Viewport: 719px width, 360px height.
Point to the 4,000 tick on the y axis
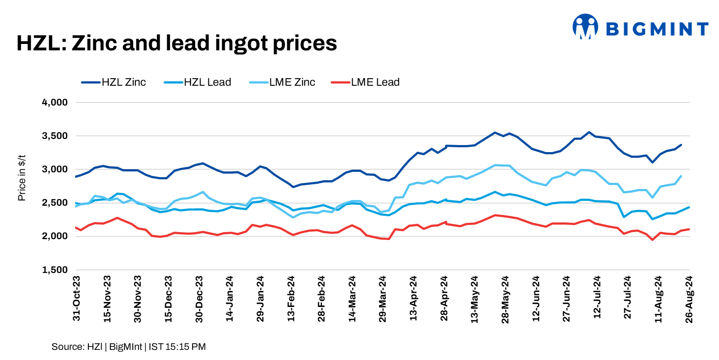[x=55, y=102]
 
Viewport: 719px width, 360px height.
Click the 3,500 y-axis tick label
[x=55, y=136]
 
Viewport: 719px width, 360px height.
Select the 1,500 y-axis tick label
[x=55, y=270]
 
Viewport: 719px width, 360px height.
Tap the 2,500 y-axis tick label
[x=55, y=203]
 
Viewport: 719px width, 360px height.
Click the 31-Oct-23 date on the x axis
[x=77, y=298]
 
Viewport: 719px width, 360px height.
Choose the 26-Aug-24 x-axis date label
[x=689, y=299]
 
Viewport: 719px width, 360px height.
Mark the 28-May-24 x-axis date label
[x=505, y=299]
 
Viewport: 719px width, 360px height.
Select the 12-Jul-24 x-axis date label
[x=597, y=298]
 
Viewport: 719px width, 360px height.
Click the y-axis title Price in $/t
[x=22, y=178]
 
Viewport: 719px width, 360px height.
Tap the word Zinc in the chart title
[x=94, y=43]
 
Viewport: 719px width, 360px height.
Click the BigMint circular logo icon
[x=585, y=27]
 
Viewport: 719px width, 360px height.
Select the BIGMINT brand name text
[x=657, y=29]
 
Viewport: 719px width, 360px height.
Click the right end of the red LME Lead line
[x=689, y=229]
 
